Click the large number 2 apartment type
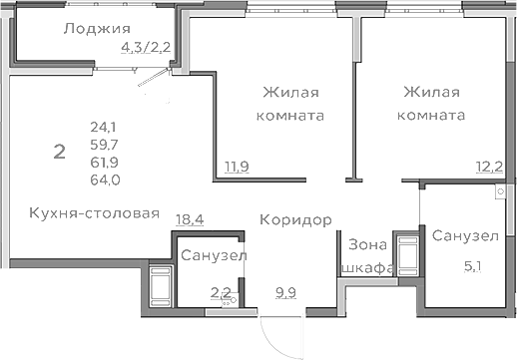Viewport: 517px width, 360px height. [x=60, y=153]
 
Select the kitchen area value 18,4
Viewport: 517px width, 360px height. [x=190, y=218]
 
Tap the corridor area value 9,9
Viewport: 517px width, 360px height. [x=286, y=291]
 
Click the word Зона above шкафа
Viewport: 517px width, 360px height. [x=364, y=244]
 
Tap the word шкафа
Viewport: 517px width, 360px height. [x=366, y=268]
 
